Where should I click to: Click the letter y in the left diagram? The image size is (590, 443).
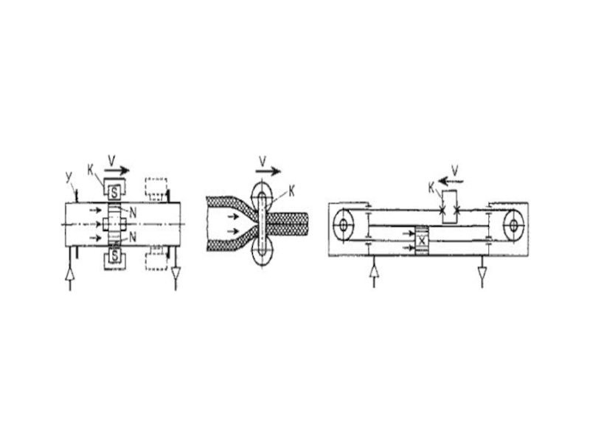click(69, 177)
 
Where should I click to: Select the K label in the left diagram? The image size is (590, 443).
click(90, 170)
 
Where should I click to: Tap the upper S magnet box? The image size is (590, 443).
click(115, 193)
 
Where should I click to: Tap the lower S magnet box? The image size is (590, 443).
click(115, 256)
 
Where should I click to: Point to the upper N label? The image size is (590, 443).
click(133, 213)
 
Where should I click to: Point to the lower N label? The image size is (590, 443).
click(133, 237)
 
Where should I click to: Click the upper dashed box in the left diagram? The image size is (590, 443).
click(156, 188)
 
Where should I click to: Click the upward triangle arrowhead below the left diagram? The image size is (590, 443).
click(69, 274)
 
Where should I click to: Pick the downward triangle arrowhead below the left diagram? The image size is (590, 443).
click(176, 272)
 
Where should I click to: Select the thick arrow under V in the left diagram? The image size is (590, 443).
click(117, 171)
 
